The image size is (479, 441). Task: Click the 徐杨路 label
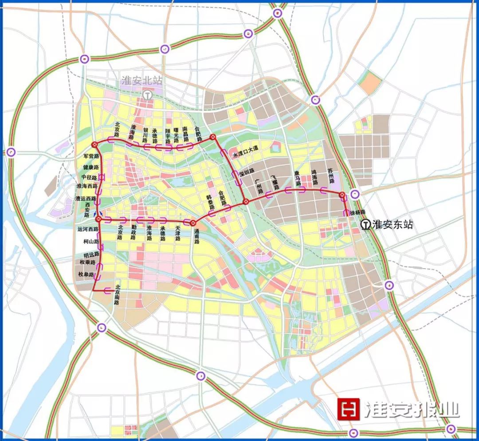click(x=357, y=212)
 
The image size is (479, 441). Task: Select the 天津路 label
click(x=178, y=233)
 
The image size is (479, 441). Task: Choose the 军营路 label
click(x=90, y=156)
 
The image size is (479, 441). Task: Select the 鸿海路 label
click(x=314, y=175)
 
